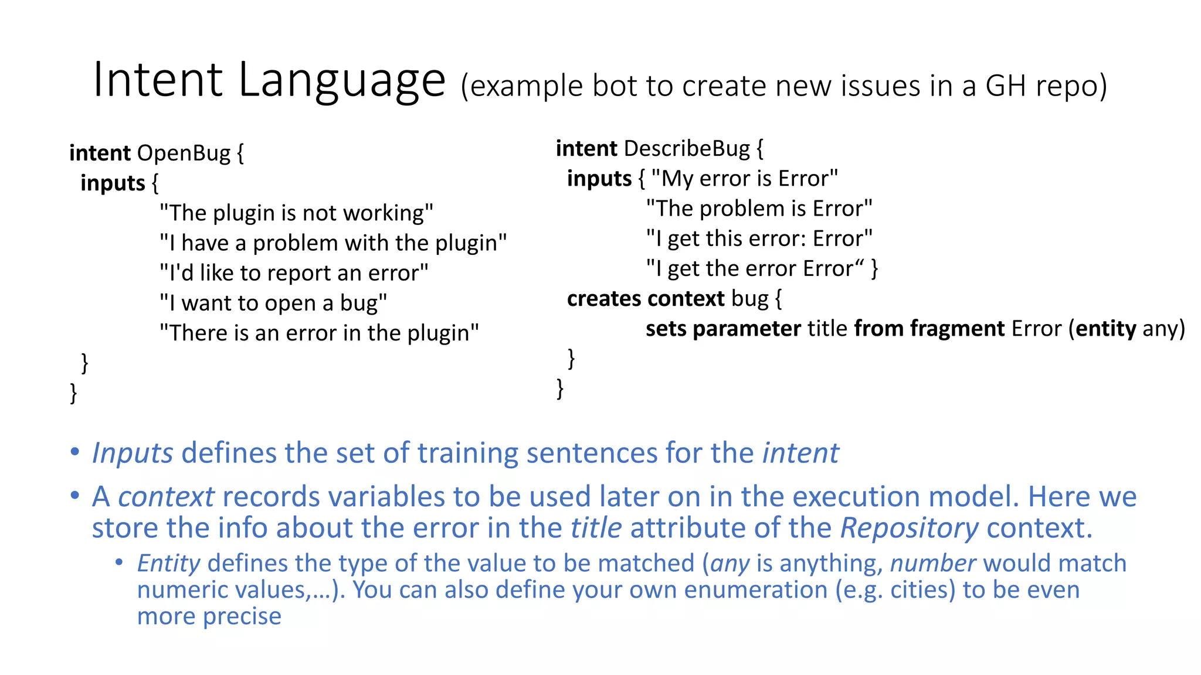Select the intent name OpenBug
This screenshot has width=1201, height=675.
184,153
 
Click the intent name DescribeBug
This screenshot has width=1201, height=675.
687,149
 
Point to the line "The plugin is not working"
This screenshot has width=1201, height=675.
296,213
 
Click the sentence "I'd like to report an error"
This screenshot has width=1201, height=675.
294,273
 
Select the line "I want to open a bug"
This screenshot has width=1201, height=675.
273,303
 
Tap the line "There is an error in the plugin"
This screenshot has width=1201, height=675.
319,333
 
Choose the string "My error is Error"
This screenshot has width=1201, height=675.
744,178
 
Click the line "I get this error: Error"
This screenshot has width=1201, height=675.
759,238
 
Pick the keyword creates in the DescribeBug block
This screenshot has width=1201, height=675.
604,299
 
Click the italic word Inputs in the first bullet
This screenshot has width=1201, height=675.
133,453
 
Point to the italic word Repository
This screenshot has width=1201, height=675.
909,528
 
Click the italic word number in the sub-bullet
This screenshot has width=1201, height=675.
932,563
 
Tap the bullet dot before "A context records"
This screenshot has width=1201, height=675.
74,496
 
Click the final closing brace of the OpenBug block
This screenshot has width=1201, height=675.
73,392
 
